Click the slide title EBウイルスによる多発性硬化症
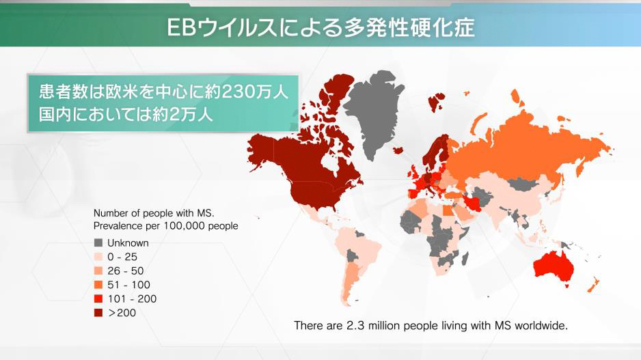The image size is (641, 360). pos(320,27)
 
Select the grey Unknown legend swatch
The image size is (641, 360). pos(98,243)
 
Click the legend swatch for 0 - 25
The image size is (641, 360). pos(98,257)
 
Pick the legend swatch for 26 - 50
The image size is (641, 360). pos(98,271)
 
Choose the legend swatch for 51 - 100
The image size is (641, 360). pos(98,285)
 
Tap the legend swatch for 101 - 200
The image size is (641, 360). pos(98,299)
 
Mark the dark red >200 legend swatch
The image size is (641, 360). pos(98,313)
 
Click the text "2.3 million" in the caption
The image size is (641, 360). pos(363,325)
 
